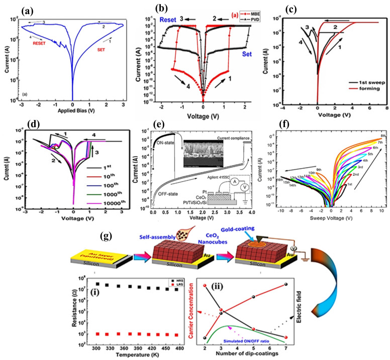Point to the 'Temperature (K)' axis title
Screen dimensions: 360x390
click(127, 354)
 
